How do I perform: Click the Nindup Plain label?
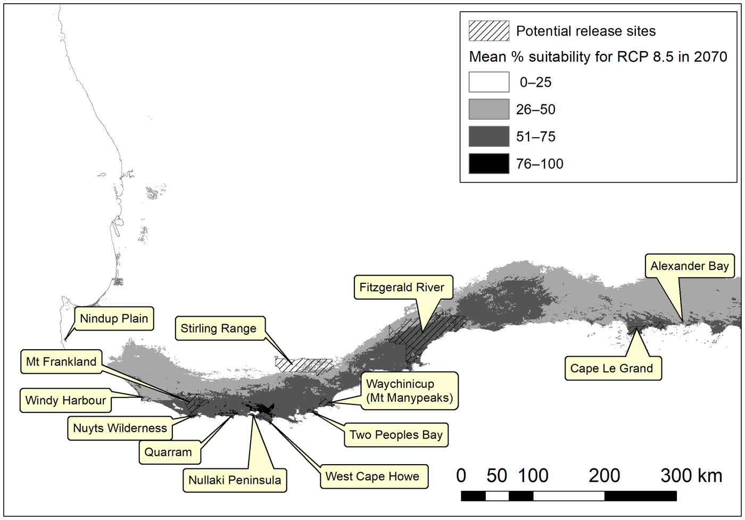[x=114, y=318]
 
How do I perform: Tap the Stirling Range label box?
[x=219, y=328]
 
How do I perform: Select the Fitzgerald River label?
[x=402, y=287]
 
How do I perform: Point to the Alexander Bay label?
[x=690, y=266]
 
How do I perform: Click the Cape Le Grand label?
[x=611, y=368]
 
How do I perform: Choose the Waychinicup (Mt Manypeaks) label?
[x=409, y=391]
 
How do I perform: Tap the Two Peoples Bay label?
[x=396, y=435]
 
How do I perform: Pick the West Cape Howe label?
[x=372, y=476]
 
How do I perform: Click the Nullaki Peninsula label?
[x=235, y=480]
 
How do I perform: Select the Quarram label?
[x=168, y=452]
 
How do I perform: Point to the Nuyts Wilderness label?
[x=120, y=428]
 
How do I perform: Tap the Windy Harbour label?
[x=65, y=400]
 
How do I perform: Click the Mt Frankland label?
[x=61, y=362]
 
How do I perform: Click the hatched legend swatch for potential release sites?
[x=489, y=31]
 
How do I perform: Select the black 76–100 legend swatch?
[x=489, y=163]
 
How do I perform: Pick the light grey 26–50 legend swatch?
[x=489, y=109]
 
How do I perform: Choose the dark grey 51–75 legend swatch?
[x=489, y=136]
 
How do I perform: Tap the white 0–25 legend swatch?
[x=489, y=82]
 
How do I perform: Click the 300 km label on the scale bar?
[x=691, y=475]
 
